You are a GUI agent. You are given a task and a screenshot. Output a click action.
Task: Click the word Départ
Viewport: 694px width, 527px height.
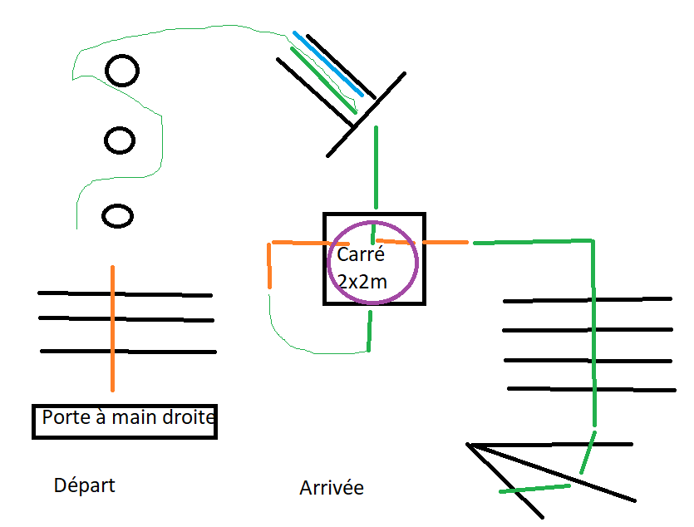pyautogui.click(x=84, y=485)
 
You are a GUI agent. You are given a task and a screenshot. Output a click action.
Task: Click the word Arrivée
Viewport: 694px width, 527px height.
pyautogui.click(x=331, y=487)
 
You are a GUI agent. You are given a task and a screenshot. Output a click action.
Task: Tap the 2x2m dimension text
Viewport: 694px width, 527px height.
pyautogui.click(x=362, y=281)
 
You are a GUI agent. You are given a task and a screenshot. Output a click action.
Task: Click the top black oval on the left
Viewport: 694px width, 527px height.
pyautogui.click(x=122, y=71)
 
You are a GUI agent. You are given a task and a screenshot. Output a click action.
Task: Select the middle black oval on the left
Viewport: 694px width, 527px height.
pyautogui.click(x=120, y=140)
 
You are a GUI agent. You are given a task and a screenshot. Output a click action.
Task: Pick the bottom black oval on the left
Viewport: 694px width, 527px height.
pyautogui.click(x=117, y=217)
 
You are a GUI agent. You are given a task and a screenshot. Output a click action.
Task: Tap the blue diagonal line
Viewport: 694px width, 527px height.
pyautogui.click(x=328, y=63)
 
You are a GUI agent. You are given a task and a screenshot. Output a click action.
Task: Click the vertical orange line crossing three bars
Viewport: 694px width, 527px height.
pyautogui.click(x=112, y=366)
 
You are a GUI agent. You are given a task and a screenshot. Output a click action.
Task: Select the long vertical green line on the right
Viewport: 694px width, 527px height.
pyautogui.click(x=593, y=332)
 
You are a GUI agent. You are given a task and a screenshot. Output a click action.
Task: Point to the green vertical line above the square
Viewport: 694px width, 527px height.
pyautogui.click(x=376, y=166)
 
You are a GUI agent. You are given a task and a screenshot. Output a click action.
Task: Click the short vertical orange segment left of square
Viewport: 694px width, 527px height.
pyautogui.click(x=270, y=266)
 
